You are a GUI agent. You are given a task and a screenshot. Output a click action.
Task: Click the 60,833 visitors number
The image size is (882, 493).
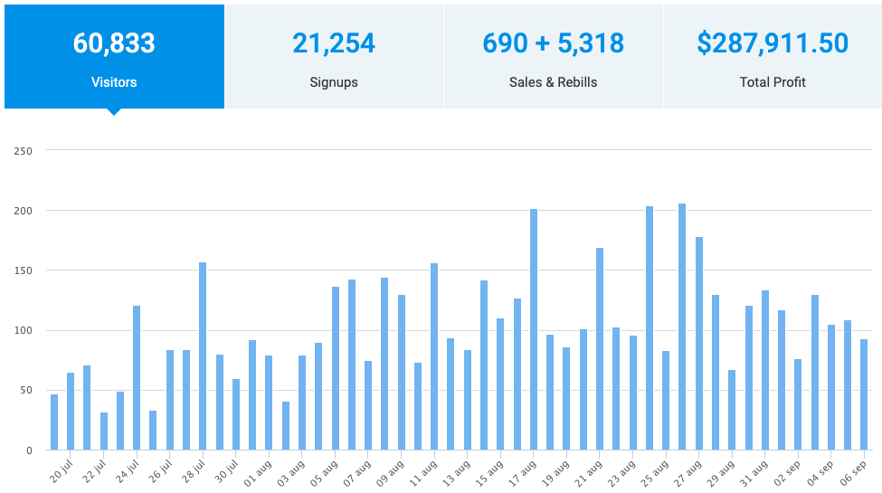pos(114,43)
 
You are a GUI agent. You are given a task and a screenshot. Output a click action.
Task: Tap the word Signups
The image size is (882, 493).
pos(334,82)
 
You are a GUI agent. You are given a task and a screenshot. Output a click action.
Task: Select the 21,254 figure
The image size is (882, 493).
pos(334,43)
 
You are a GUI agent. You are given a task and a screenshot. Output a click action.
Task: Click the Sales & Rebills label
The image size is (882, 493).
pos(553,82)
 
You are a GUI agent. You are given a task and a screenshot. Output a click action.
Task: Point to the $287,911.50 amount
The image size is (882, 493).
pos(773,43)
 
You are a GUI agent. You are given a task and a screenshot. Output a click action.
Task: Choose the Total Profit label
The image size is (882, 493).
pos(773,82)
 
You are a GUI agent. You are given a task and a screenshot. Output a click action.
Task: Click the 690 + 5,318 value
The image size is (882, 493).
pos(553,43)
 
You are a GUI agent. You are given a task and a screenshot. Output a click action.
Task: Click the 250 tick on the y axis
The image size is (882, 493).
pos(24,151)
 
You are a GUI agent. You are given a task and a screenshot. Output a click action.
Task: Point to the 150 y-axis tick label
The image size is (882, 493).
pos(24,270)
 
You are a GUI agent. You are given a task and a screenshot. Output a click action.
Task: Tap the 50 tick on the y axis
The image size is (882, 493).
pos(26,391)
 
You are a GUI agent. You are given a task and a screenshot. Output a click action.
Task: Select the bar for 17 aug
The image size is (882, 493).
pos(534,330)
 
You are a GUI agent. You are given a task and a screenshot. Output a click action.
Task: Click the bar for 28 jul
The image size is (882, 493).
pos(203,356)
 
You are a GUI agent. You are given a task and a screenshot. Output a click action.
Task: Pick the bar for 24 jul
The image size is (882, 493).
pos(137,378)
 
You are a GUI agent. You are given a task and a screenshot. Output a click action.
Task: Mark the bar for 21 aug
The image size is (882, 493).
pos(600,349)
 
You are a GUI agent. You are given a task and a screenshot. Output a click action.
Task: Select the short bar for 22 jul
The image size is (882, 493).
pos(104,431)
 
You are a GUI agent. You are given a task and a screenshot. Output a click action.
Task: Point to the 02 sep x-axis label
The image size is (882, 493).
pos(787,472)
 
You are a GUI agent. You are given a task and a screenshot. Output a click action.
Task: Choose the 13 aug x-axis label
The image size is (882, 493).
pos(456,472)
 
